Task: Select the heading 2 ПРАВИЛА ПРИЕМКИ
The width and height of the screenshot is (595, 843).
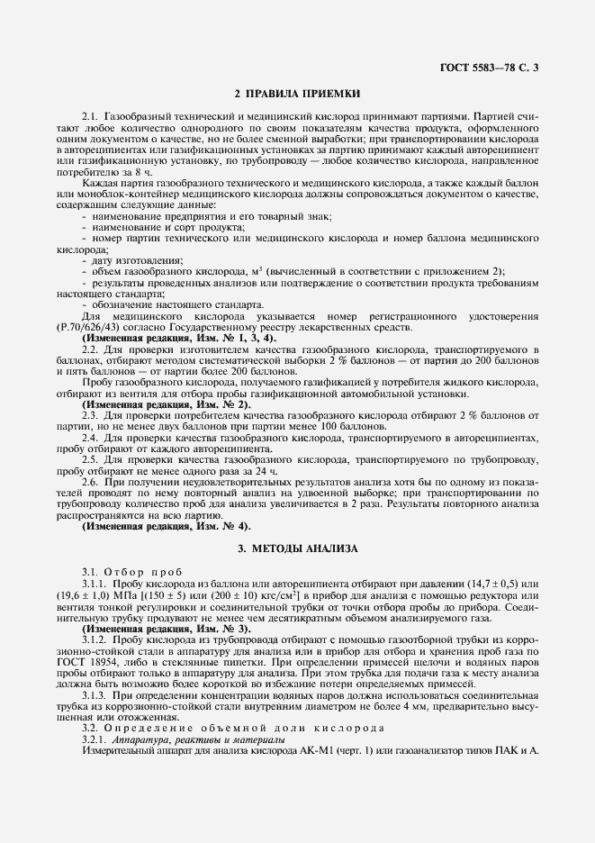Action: pyautogui.click(x=297, y=93)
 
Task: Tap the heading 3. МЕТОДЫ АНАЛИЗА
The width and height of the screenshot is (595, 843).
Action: pyautogui.click(x=297, y=548)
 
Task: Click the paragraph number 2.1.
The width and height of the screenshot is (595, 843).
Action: pyautogui.click(x=89, y=118)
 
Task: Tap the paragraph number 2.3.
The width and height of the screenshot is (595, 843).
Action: pyautogui.click(x=89, y=416)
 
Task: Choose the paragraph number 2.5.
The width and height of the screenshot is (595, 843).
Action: pyautogui.click(x=89, y=458)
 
